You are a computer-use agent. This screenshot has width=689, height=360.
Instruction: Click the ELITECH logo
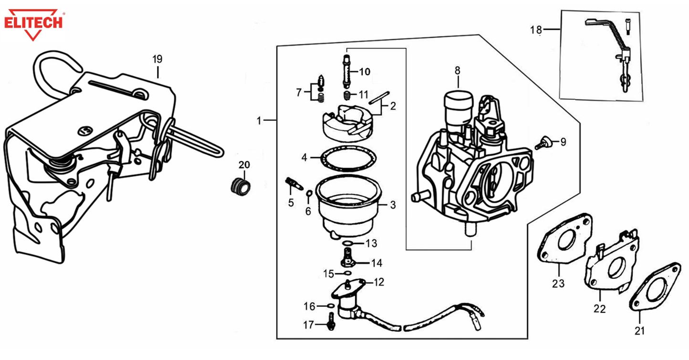[x=33, y=22]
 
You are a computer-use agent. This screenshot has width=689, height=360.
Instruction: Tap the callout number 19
[x=157, y=60]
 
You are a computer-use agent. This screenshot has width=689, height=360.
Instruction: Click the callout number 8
[x=457, y=71]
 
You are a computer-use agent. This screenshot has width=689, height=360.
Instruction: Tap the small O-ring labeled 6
[x=309, y=193]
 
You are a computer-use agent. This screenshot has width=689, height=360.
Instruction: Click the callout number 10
[x=365, y=72]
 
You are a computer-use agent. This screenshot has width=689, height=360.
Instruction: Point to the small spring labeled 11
[x=348, y=94]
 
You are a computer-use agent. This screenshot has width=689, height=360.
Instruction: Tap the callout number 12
[x=379, y=282]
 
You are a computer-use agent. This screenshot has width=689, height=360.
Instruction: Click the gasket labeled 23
[x=564, y=241]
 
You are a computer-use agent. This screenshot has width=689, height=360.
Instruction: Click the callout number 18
[x=536, y=30]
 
